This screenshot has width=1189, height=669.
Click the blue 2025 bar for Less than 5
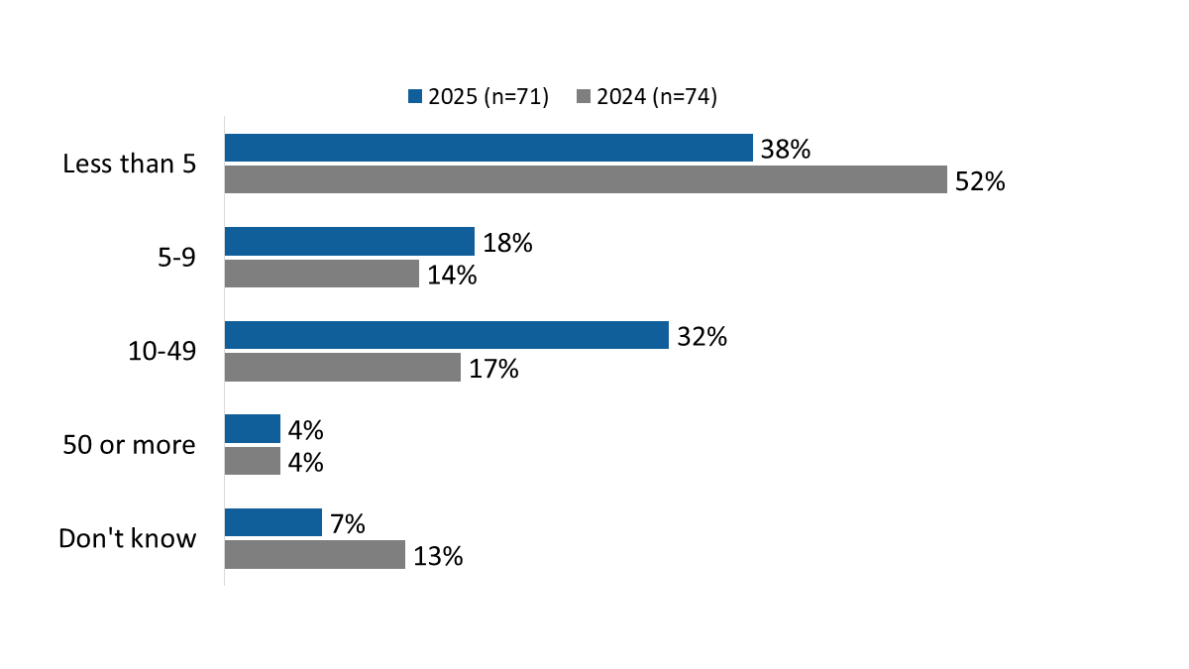click(488, 148)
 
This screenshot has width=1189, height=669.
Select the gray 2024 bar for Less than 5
click(586, 179)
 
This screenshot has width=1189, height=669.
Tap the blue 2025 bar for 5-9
click(350, 242)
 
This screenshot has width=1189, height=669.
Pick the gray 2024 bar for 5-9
click(322, 274)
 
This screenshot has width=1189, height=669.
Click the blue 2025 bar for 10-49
click(447, 335)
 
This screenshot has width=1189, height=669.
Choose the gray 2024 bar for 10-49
click(343, 368)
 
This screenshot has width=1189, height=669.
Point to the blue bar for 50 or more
click(253, 429)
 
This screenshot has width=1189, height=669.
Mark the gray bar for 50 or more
click(253, 462)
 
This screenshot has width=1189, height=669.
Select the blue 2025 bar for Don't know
click(273, 522)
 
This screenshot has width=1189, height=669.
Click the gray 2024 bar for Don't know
click(315, 555)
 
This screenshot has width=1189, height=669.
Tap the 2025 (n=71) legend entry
click(479, 96)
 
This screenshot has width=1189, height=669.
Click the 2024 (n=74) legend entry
click(646, 96)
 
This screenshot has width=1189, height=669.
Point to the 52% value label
click(981, 181)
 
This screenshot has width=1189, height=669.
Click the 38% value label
click(787, 150)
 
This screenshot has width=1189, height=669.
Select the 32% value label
click(703, 337)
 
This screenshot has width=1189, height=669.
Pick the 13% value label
click(439, 557)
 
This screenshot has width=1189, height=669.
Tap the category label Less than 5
click(129, 164)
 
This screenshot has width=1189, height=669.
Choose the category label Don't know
click(128, 538)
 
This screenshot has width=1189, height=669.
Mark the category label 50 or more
click(129, 445)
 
